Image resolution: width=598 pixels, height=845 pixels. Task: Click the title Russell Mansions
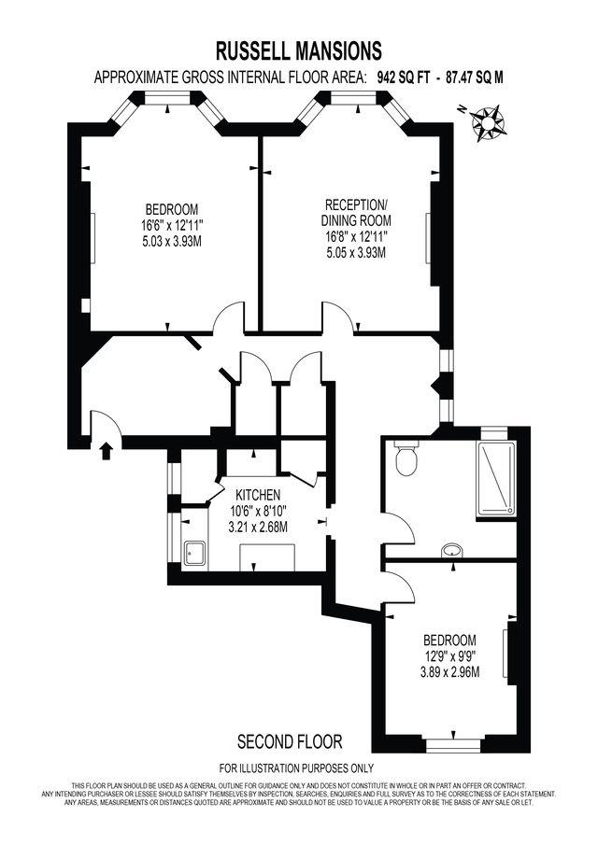coord(298,50)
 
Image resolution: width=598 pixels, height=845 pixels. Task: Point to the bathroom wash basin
coord(451,549)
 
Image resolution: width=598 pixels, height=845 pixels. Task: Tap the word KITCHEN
coord(258,494)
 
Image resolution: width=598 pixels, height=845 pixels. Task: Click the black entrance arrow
coord(105,452)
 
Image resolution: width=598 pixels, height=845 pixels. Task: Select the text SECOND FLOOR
coord(290,741)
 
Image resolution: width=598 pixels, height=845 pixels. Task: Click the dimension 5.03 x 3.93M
coord(167,241)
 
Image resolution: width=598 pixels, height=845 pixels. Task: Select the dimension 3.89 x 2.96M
coord(450,671)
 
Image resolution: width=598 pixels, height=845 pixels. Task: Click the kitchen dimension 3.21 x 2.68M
coord(258,527)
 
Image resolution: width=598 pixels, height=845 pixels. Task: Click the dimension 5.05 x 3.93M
coord(356,252)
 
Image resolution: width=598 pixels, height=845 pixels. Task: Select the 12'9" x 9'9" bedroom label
coord(450,656)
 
